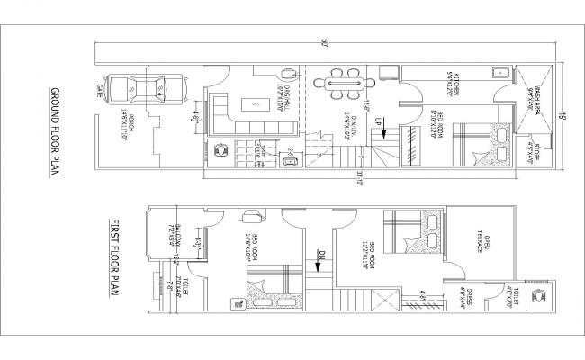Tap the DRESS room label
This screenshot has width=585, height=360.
point(469,297)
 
